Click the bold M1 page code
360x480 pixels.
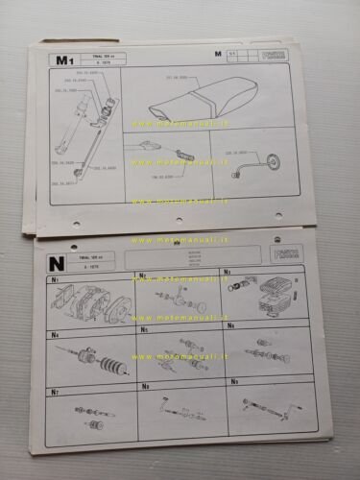(64, 60)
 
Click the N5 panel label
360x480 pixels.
(144, 330)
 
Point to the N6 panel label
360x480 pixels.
(230, 329)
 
